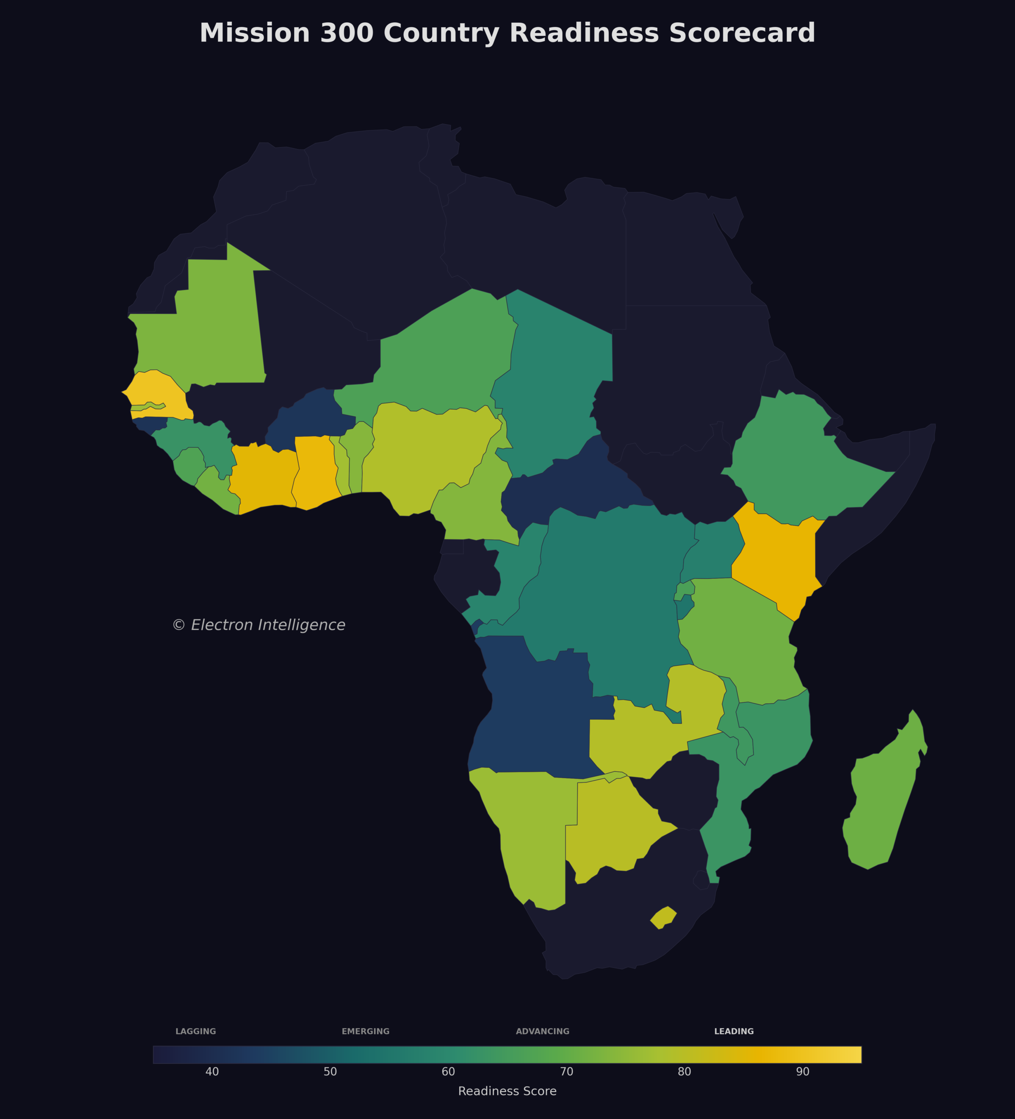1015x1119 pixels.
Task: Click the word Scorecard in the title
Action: click(x=742, y=33)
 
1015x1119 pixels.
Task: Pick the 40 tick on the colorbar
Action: click(x=212, y=1072)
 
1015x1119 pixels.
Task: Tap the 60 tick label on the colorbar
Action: click(x=448, y=1072)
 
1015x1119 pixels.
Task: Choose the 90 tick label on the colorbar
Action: click(x=802, y=1072)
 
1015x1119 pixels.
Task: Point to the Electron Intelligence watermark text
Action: click(x=259, y=625)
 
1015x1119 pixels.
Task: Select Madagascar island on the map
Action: click(x=883, y=794)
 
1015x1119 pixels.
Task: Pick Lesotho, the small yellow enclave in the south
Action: click(x=663, y=917)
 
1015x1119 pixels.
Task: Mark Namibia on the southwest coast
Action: click(x=527, y=833)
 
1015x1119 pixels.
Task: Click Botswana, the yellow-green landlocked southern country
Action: click(x=611, y=821)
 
